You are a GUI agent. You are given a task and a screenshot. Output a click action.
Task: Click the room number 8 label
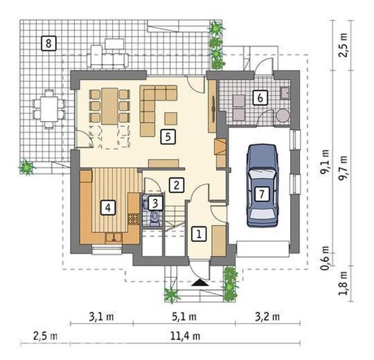(48, 43)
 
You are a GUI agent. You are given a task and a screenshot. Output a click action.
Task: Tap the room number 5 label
(168, 137)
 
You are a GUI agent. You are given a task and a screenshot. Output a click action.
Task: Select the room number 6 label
(260, 97)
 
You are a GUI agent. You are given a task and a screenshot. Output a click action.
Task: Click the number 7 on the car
(262, 194)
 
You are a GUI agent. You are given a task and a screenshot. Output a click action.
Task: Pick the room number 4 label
(108, 208)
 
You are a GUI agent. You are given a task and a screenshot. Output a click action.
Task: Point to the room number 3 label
(155, 203)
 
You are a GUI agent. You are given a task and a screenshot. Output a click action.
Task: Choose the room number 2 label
(176, 185)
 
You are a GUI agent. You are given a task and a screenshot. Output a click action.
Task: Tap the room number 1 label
(199, 234)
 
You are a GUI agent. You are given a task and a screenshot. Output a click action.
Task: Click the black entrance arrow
(200, 283)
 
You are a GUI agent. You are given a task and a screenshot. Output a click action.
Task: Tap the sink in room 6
(285, 93)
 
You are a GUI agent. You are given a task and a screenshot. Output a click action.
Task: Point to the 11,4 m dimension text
(185, 336)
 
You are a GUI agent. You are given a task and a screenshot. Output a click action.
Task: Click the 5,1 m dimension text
(184, 317)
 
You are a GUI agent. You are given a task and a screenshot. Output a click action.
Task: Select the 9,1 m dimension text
(325, 162)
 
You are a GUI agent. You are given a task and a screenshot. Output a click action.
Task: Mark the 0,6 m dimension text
(325, 258)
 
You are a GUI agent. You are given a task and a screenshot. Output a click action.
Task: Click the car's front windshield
(262, 177)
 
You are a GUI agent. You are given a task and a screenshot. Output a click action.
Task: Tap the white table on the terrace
(49, 109)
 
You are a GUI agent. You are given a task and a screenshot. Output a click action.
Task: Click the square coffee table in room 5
(171, 118)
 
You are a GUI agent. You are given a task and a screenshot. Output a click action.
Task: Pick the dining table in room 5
(110, 106)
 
